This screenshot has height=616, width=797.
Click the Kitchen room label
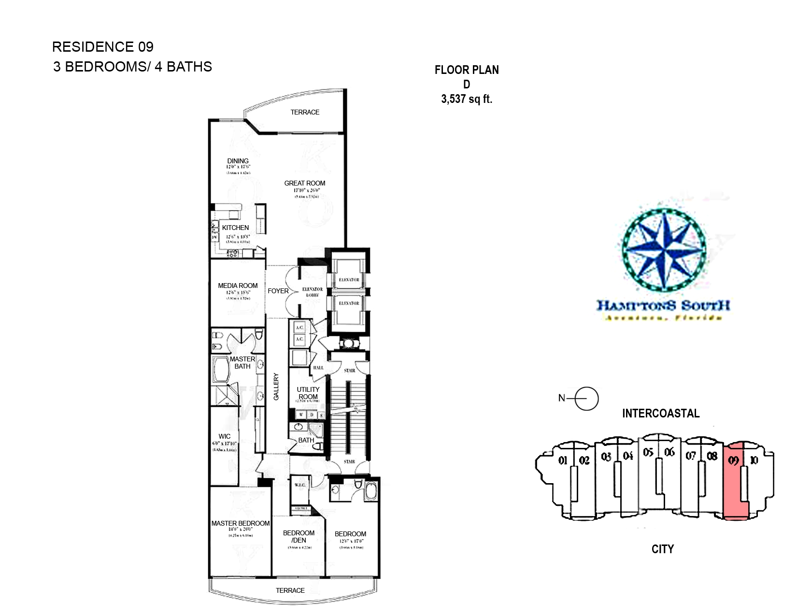(x=235, y=228)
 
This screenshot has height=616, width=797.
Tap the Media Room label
(x=238, y=286)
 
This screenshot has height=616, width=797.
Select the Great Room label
(x=304, y=183)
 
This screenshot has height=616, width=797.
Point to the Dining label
(x=238, y=161)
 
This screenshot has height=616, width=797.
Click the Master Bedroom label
(x=241, y=523)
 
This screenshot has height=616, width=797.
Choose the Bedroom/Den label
(x=299, y=536)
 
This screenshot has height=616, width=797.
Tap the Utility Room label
(x=308, y=393)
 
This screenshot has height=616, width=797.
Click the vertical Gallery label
(x=276, y=386)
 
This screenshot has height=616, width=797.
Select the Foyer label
(x=278, y=291)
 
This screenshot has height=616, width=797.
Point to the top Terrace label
(x=305, y=112)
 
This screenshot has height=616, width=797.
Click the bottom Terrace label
(x=290, y=590)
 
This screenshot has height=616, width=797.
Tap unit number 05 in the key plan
(x=648, y=452)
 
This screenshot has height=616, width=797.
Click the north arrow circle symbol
(x=587, y=399)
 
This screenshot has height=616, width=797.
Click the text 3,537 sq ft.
(x=467, y=99)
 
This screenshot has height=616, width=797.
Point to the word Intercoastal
(x=661, y=414)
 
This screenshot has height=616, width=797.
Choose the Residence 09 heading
(x=103, y=47)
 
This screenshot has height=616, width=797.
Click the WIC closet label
(x=225, y=436)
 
